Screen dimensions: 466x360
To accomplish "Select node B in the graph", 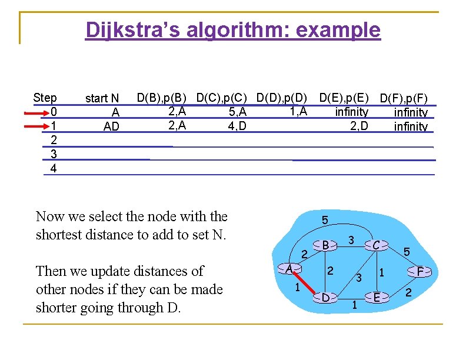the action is [x=325, y=245].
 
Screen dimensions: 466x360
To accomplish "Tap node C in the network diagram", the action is [x=375, y=245].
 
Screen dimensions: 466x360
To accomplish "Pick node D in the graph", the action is [x=325, y=297].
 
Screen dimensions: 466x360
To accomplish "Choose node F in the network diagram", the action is [x=420, y=272].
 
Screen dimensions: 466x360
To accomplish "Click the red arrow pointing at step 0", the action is [x=38, y=112].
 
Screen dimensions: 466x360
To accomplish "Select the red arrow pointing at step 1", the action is [x=38, y=125].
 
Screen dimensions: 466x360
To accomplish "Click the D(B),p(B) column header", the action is [x=162, y=97].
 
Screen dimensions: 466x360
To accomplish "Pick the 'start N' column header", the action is [x=102, y=98].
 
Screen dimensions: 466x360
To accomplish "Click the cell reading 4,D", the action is [x=237, y=125].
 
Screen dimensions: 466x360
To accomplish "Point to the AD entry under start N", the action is [x=111, y=126].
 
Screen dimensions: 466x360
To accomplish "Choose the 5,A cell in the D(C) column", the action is [x=237, y=112].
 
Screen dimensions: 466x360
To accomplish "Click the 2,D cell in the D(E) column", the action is [x=359, y=125].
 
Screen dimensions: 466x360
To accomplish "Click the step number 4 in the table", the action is [x=54, y=168].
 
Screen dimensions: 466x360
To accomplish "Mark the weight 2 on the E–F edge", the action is [x=409, y=293].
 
